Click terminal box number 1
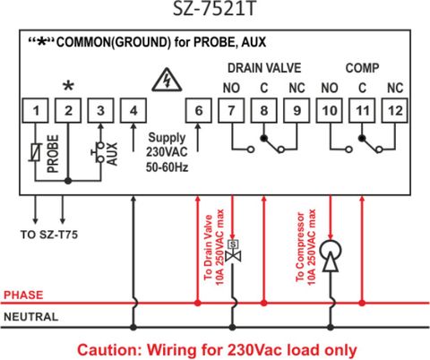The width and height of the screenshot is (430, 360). [x=36, y=110]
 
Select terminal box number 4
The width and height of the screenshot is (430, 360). [x=133, y=110]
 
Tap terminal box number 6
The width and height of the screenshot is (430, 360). [x=199, y=110]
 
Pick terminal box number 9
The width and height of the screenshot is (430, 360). [x=297, y=110]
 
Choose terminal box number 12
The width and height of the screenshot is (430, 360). [x=395, y=110]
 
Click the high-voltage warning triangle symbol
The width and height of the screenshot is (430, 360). [x=167, y=80]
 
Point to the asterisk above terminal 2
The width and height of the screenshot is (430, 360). [x=68, y=86]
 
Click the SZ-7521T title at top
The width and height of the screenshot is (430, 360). [x=215, y=9]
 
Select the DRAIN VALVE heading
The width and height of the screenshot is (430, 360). [x=264, y=68]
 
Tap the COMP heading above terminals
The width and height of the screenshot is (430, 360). [x=362, y=68]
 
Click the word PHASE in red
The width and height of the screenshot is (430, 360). [x=23, y=295]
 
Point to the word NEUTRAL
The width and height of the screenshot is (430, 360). [x=31, y=317]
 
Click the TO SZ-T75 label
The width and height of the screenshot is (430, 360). [x=49, y=235]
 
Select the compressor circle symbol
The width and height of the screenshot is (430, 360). [x=331, y=251]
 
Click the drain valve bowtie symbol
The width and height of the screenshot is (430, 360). [x=233, y=256]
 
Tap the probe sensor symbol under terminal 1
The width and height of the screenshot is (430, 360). [x=36, y=152]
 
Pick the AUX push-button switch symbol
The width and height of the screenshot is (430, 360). [x=99, y=152]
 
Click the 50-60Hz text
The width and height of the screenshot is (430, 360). [x=167, y=167]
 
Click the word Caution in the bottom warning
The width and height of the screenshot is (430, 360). [x=108, y=350]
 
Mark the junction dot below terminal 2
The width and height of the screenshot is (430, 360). [x=68, y=181]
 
